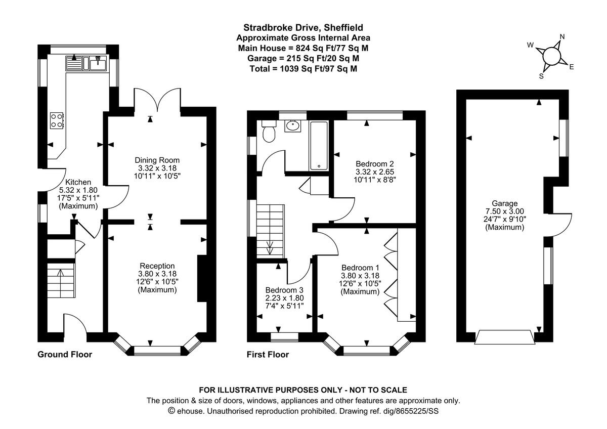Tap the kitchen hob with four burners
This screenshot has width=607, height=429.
(x=57, y=120)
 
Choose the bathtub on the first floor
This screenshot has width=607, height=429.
(x=319, y=145)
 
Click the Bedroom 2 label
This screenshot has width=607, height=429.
(x=374, y=164)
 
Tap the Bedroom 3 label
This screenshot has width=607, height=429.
(x=284, y=290)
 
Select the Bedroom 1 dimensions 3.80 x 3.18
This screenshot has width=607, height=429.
(x=360, y=276)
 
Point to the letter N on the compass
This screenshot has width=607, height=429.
(x=561, y=37)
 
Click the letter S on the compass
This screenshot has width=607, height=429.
(x=541, y=76)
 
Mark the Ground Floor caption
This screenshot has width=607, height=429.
(x=65, y=355)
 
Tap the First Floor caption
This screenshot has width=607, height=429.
(x=268, y=355)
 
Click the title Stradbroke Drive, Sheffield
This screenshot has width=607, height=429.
(x=303, y=28)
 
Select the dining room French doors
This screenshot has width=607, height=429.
(x=157, y=100)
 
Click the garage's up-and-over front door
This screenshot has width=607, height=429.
(x=505, y=337)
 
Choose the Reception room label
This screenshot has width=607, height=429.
(x=157, y=266)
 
